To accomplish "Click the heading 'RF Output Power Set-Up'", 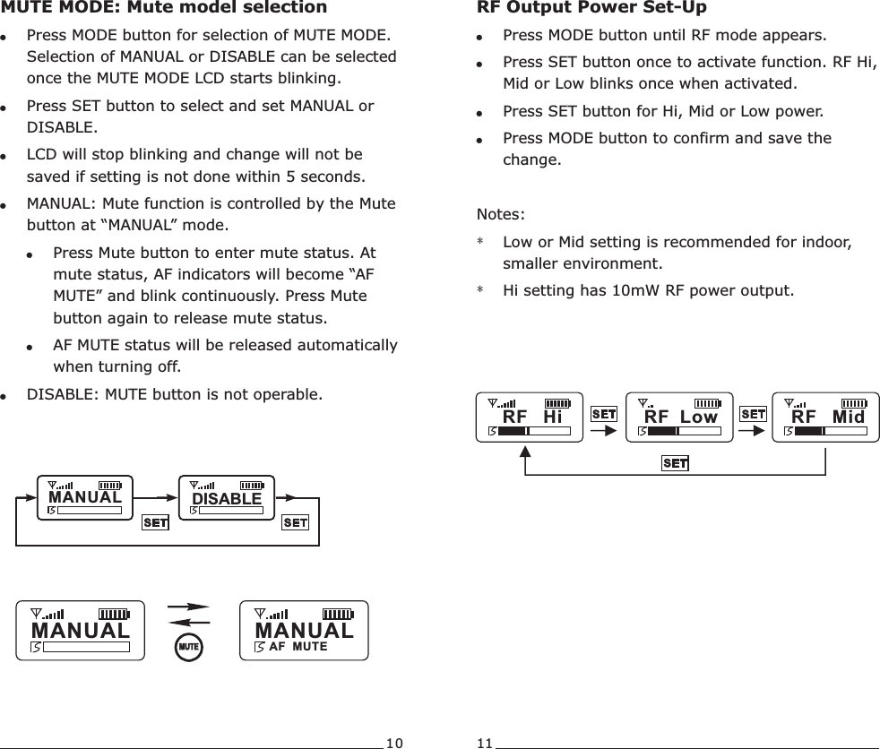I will [x=591, y=8].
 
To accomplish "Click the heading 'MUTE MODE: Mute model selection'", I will [x=164, y=8].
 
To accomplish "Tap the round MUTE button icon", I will [x=188, y=645].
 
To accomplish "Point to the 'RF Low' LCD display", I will [x=679, y=417].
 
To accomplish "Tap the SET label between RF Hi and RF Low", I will [x=604, y=414].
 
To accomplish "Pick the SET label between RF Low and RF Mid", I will [x=753, y=414].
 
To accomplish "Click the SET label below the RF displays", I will [x=675, y=463].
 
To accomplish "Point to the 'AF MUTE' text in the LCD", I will [x=298, y=646].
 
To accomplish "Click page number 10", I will [x=394, y=742].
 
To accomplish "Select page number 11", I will [x=485, y=742].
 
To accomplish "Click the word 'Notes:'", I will [x=502, y=215].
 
